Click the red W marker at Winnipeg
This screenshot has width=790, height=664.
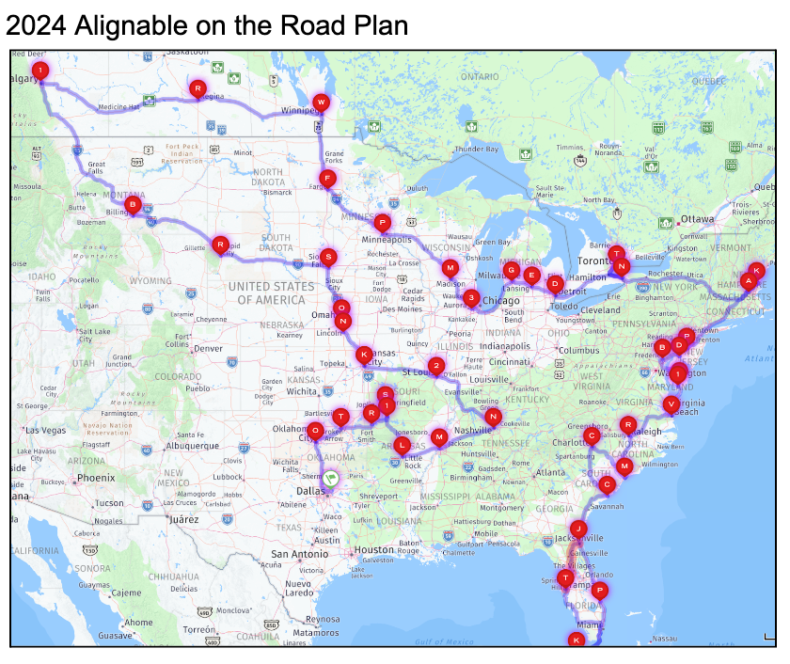pos(322,102)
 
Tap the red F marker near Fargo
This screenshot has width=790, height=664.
pos(327,178)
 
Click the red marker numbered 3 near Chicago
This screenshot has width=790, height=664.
pos(471,297)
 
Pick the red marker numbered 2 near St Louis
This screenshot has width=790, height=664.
pos(435,366)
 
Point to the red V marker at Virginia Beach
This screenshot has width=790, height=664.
pos(671,404)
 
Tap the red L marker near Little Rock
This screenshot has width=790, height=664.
pos(403,444)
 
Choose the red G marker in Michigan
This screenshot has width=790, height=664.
pos(512,270)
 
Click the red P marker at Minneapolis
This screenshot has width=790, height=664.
pos(382,223)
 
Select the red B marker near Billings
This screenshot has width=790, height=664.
pos(133,203)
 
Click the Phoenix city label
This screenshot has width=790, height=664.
pos(96,478)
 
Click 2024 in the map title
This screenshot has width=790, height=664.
pos(35,25)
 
